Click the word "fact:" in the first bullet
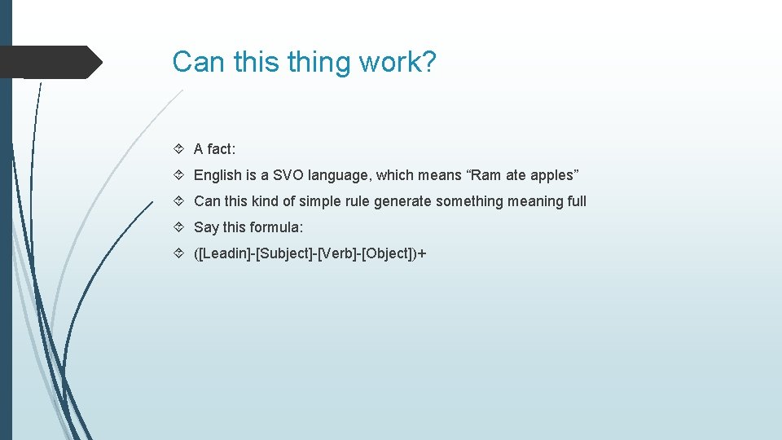click(x=221, y=149)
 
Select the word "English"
click(x=217, y=175)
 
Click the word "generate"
click(x=402, y=201)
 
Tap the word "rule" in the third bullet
click(x=356, y=201)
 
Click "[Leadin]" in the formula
click(x=223, y=253)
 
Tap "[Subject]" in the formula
click(x=283, y=253)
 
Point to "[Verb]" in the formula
click(x=337, y=253)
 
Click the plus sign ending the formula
click(x=422, y=253)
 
